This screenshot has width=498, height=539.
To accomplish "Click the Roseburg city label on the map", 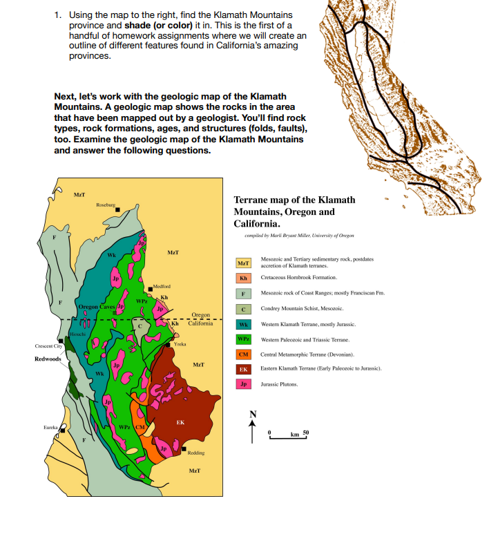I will pos(106,205).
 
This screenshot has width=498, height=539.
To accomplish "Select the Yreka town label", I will pos(180,343).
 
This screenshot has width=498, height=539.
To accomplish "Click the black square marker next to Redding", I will pos(184,448).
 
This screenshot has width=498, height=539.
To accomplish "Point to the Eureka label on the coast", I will pos(50,428).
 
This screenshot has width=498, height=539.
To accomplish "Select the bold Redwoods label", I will pos(48,359).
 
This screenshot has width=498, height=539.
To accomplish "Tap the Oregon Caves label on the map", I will pos(97,306).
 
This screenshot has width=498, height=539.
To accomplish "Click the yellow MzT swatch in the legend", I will pos(243,263).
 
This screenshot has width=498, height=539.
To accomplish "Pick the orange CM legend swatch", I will pos(243,354).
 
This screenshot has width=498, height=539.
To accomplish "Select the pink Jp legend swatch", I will pos(243,384).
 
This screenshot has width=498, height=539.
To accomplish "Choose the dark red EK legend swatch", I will pos(243,369).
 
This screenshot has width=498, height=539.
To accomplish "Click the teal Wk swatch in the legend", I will pos(243,323).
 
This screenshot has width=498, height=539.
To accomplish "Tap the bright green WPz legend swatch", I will pos(243,339).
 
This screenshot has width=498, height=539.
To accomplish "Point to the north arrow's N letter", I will pos(253,414).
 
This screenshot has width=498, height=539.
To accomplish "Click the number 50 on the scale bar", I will pos(306,432).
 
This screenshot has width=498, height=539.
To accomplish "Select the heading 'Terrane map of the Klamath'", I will pos(295,200).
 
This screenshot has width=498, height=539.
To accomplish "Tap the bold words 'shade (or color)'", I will pos(158,26).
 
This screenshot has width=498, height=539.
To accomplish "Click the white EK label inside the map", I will pos(180,422).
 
